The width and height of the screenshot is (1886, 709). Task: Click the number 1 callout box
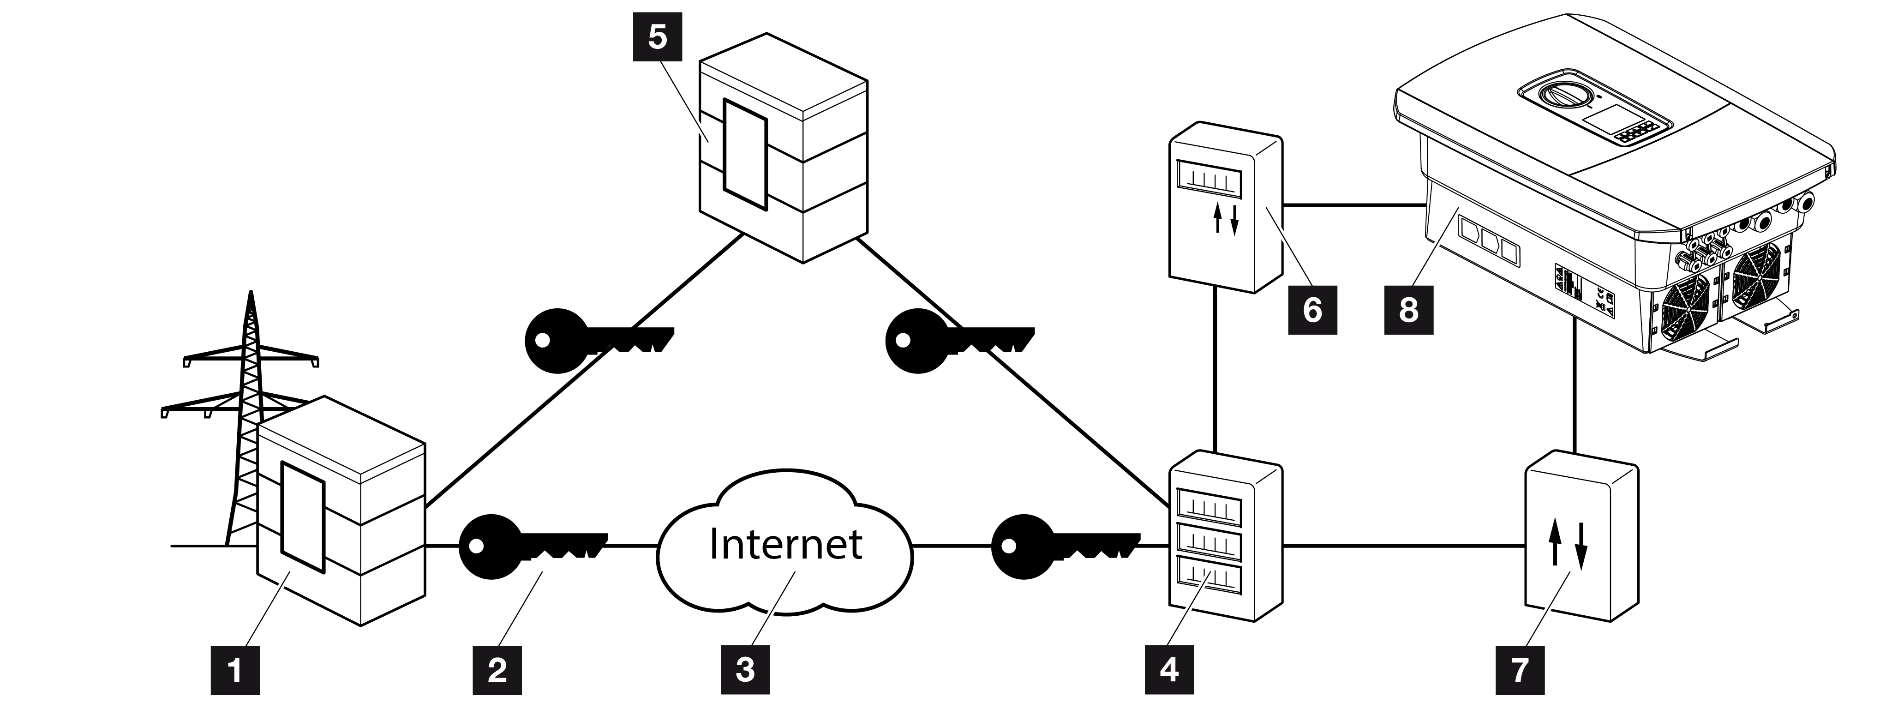pyautogui.click(x=235, y=669)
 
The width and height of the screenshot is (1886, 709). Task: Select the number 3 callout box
pyautogui.click(x=745, y=669)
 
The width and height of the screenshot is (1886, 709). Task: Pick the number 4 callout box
pyautogui.click(x=1169, y=669)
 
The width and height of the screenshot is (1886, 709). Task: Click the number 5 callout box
pyautogui.click(x=658, y=36)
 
